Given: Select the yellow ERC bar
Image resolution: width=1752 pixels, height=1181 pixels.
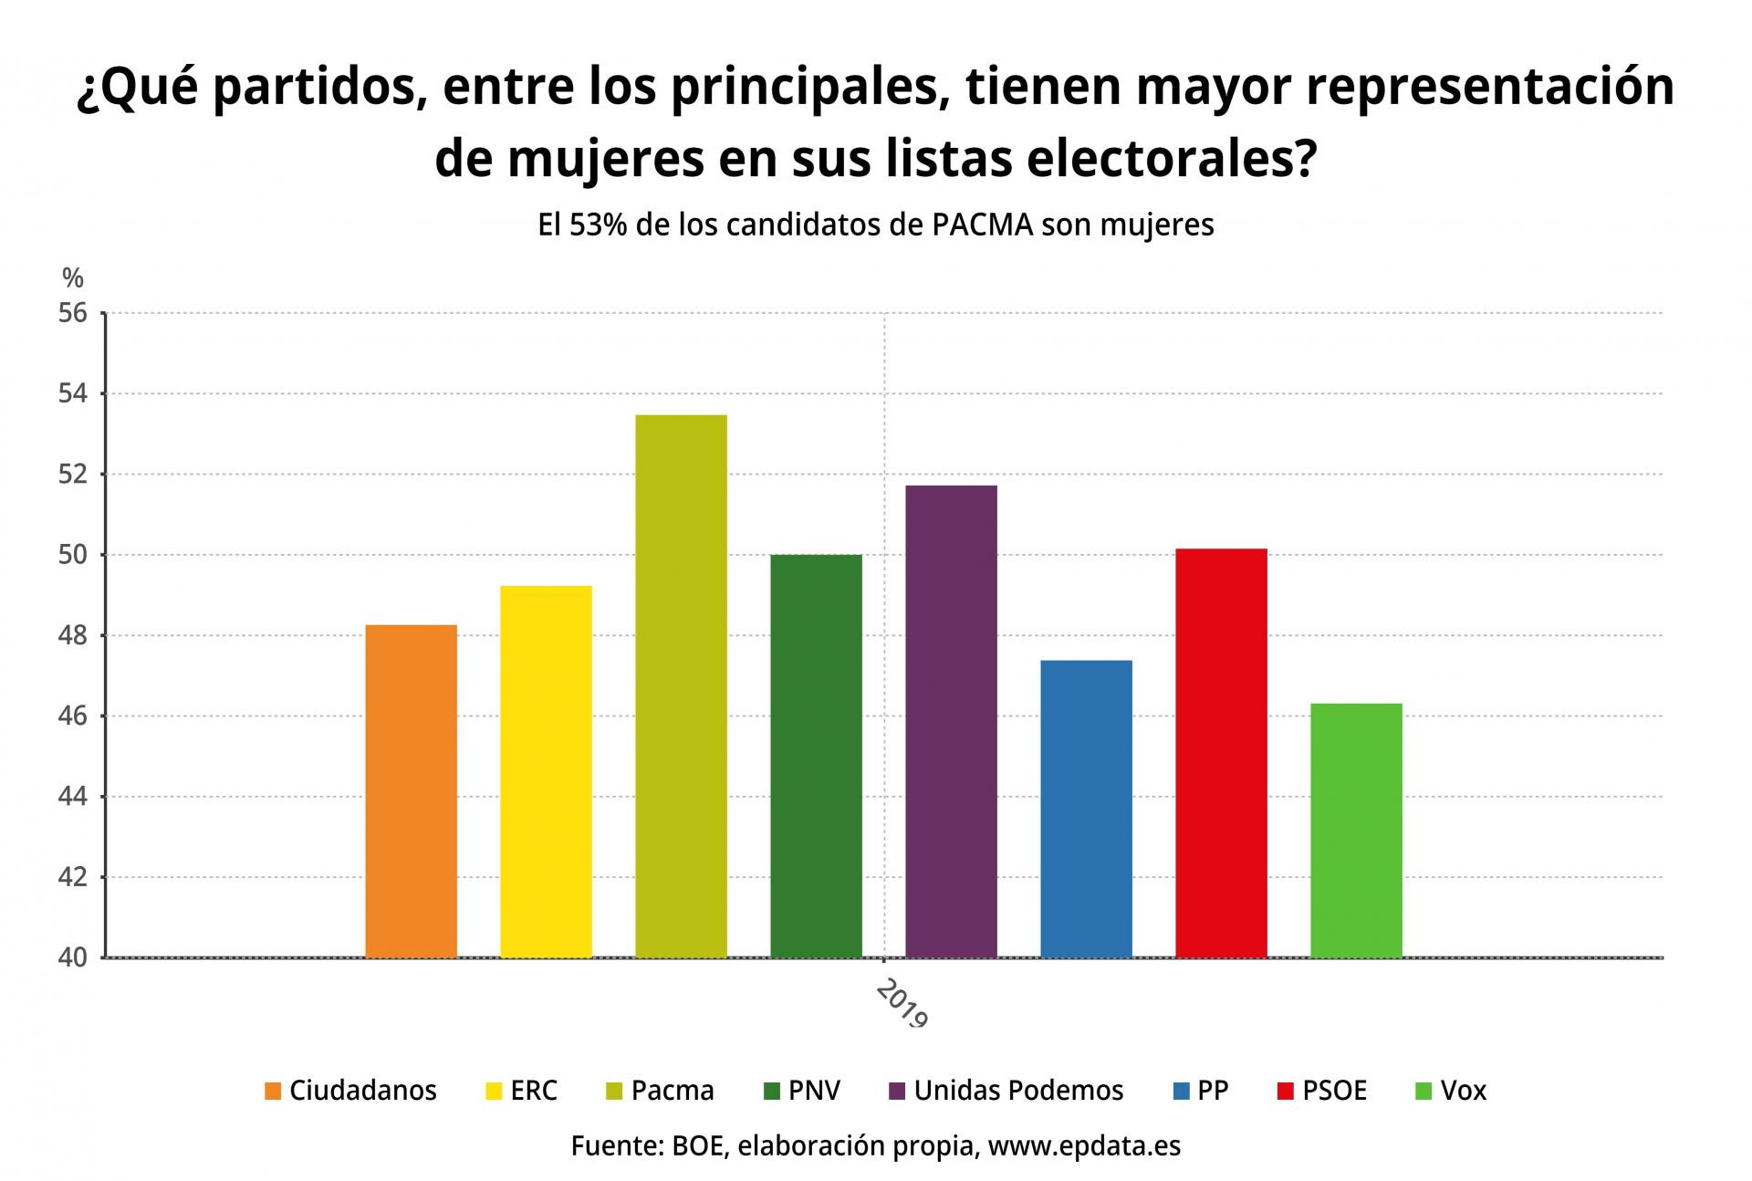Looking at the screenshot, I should coord(546,771).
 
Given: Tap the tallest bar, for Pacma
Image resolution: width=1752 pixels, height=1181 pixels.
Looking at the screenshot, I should coord(681,685).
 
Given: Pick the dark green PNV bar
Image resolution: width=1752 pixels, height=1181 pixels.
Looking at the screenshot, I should coord(816,756).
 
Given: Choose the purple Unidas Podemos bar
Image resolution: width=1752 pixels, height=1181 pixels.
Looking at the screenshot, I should coord(951,721).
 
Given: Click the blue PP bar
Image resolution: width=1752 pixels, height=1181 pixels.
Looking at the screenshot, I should coord(1086,809).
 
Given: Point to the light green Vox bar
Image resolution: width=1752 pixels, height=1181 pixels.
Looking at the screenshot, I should coord(1356,830).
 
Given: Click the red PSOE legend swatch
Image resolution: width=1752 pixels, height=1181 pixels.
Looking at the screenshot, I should coord(1286,1091).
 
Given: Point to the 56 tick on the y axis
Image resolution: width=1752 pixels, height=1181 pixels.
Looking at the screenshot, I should coord(74,314).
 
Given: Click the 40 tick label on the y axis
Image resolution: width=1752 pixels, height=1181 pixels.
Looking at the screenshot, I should coord(74,958).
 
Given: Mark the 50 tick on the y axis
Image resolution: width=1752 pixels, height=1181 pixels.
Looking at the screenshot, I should coord(74,555).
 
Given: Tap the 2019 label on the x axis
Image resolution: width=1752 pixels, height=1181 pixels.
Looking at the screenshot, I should coord(902,1004).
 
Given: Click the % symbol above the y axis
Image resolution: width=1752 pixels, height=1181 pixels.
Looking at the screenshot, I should coord(73,277).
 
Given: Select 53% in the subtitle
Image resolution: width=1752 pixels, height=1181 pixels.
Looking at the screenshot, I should coord(597,225).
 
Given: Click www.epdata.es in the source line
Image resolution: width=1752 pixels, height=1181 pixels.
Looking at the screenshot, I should coord(1084,1146).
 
